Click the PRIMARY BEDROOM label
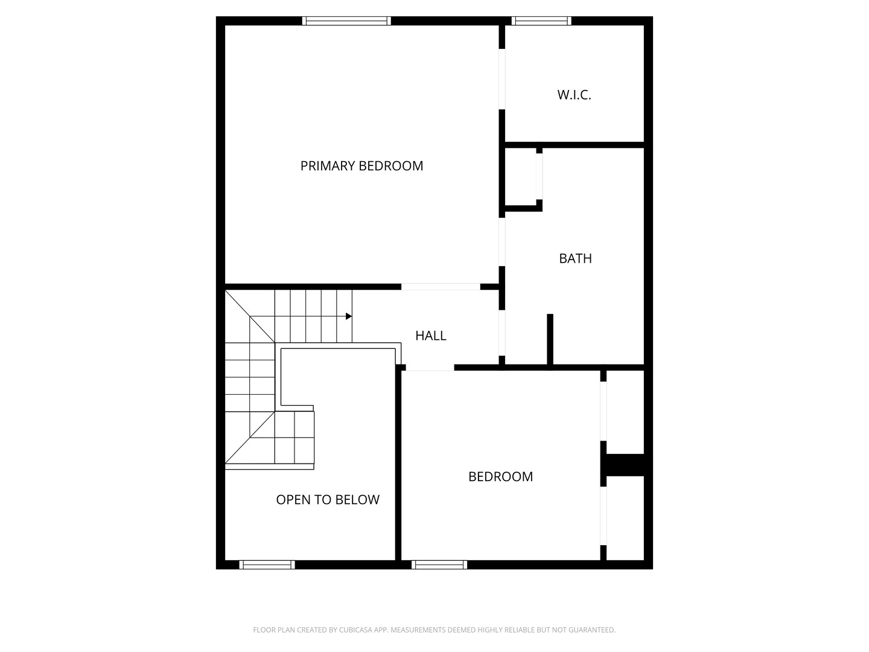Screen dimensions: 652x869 (x=361, y=165)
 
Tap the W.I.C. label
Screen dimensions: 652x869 (x=574, y=95)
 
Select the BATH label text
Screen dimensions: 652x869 (x=575, y=258)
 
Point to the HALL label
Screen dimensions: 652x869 (x=430, y=336)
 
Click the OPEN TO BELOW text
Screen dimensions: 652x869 (x=328, y=500)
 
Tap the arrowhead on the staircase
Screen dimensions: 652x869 (x=349, y=316)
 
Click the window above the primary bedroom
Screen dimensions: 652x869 (x=346, y=21)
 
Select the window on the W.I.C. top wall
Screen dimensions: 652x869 (x=541, y=21)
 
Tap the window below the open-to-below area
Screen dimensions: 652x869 (x=267, y=565)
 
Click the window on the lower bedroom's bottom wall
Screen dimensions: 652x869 (x=439, y=565)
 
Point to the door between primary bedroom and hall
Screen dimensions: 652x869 (x=441, y=287)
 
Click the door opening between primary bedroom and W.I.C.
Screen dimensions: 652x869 (x=501, y=79)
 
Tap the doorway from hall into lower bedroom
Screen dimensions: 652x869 (x=429, y=367)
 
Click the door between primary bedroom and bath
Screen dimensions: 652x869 (x=501, y=241)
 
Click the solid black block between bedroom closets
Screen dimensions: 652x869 (x=624, y=464)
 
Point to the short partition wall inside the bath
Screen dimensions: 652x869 (x=550, y=339)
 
